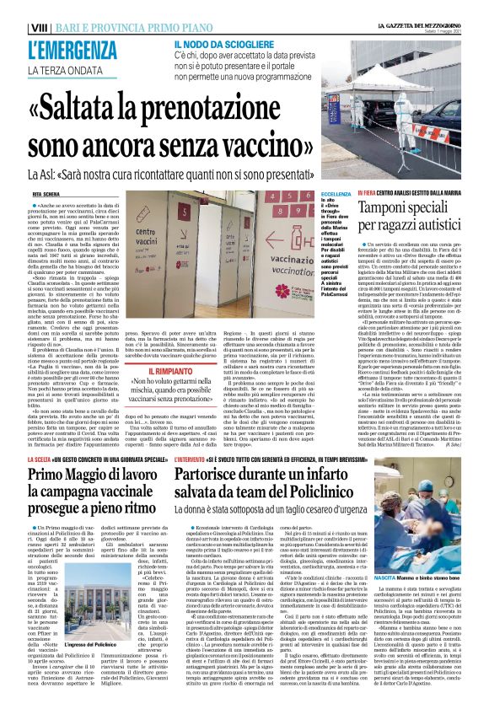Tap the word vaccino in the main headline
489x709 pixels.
pos(262,144)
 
